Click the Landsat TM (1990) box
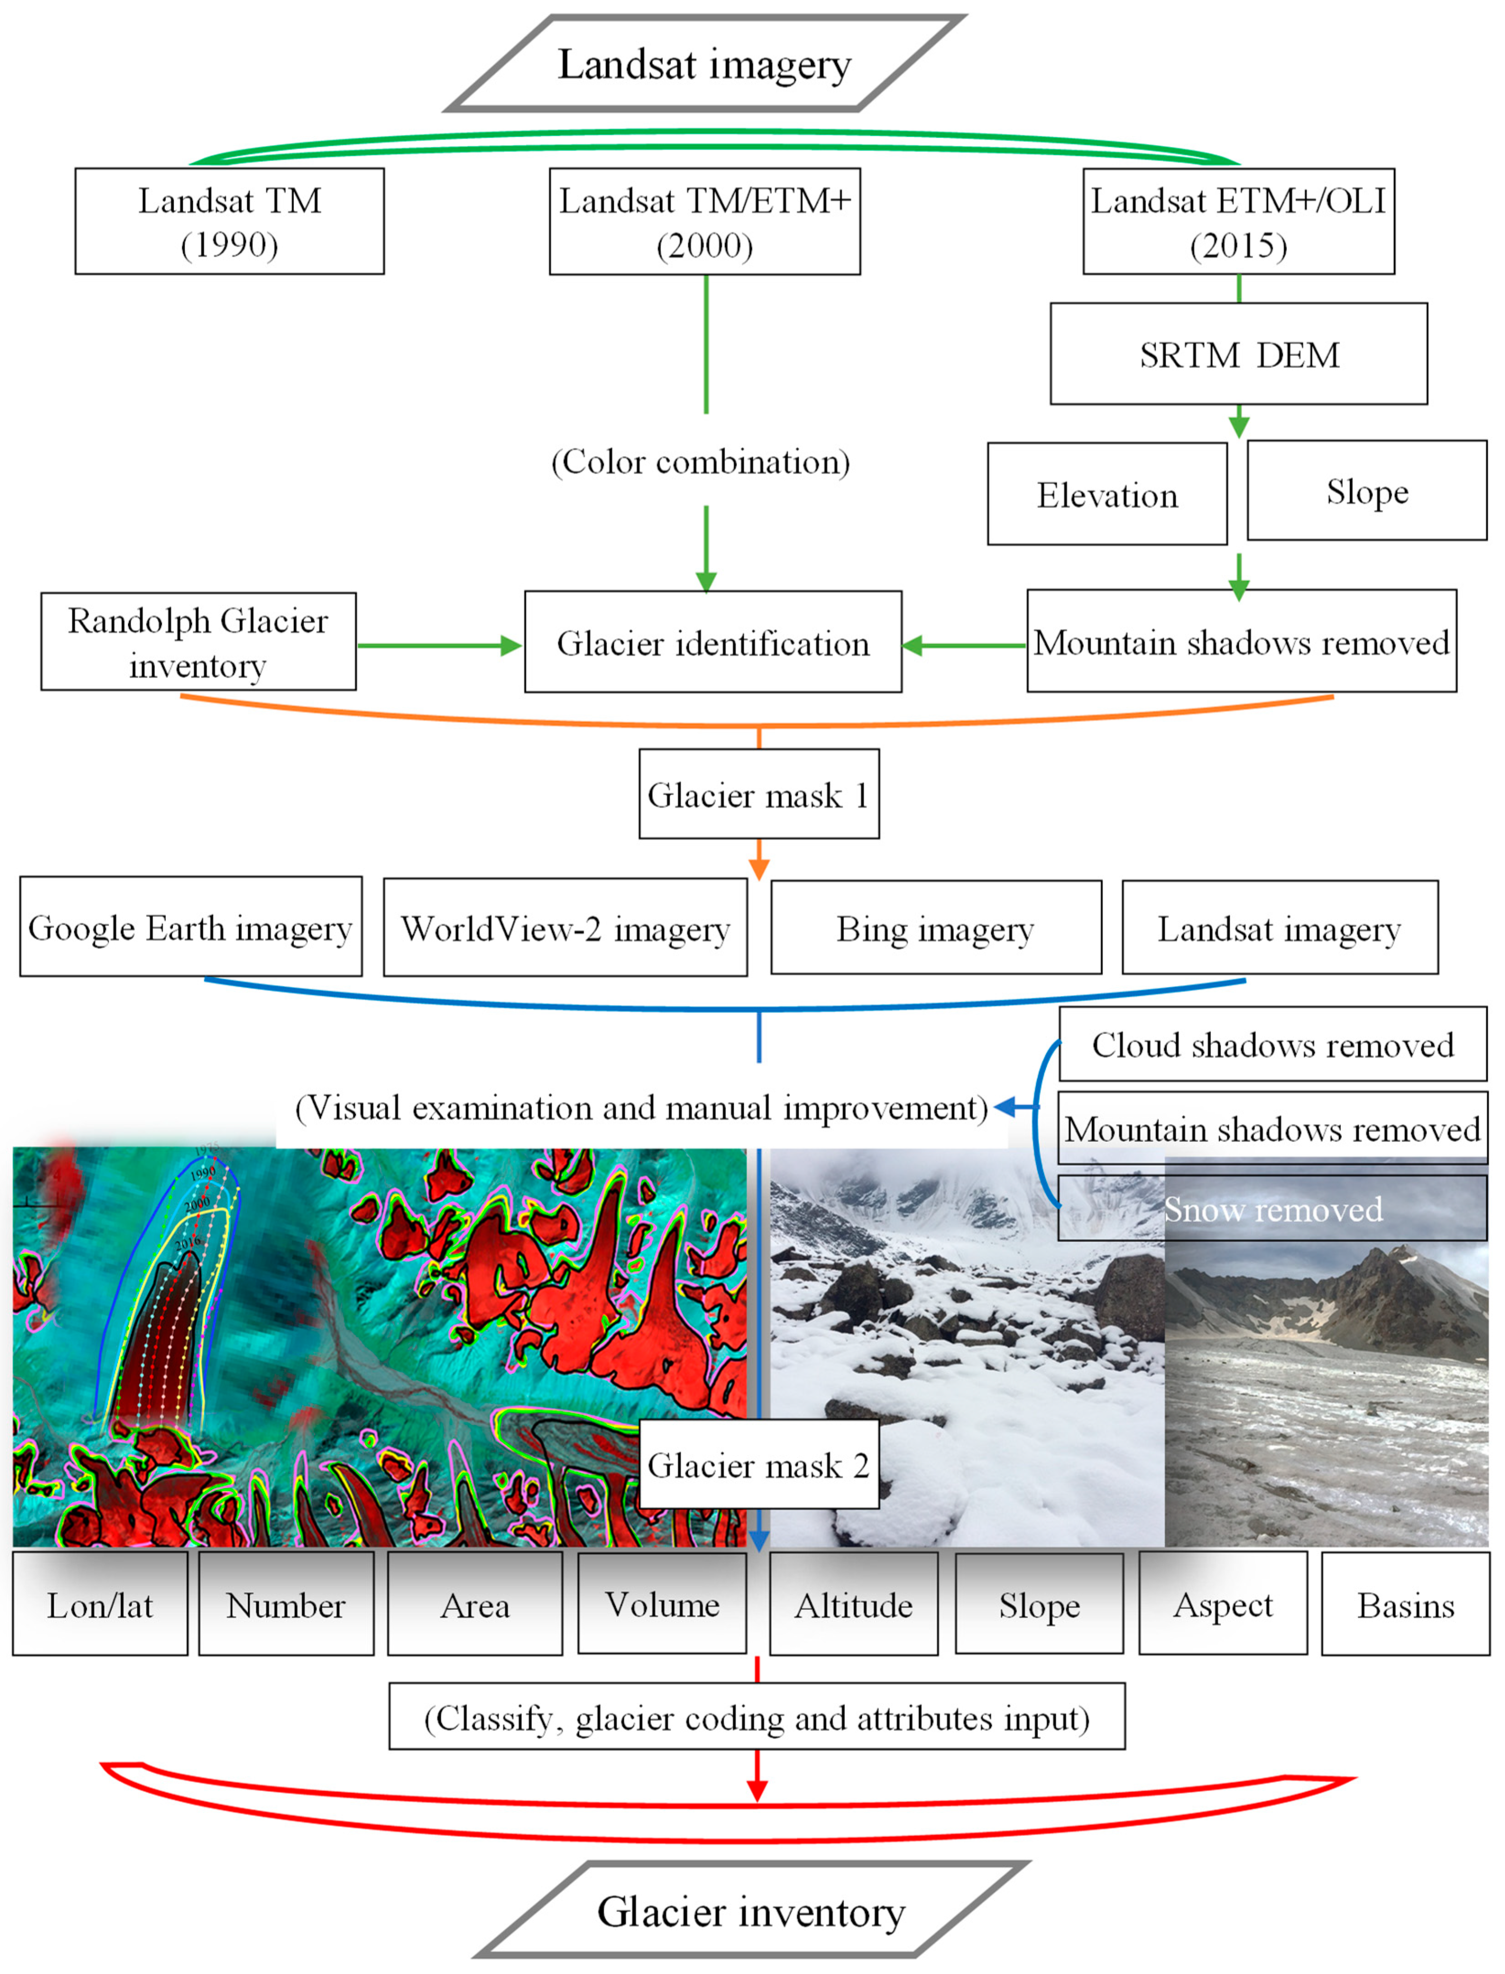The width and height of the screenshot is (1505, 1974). click(x=229, y=222)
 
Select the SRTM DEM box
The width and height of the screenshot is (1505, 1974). click(x=1238, y=354)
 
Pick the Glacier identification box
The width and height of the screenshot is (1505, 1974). click(x=713, y=642)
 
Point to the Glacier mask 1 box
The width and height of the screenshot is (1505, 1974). click(x=759, y=794)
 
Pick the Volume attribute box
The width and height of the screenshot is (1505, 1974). click(x=662, y=1604)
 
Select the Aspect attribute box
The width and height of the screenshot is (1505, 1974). click(x=1223, y=1604)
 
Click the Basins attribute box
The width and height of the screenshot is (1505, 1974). click(x=1405, y=1604)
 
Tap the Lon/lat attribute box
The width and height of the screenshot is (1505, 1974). click(x=100, y=1604)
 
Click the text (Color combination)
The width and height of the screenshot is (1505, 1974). click(x=701, y=461)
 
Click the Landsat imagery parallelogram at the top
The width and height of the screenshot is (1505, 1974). click(x=705, y=64)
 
